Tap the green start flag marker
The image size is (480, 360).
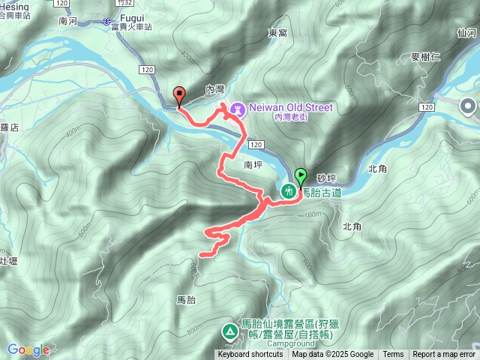(301, 178)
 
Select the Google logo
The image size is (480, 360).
(28, 349)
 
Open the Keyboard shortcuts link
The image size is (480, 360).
(250, 355)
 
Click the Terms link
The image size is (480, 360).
(393, 355)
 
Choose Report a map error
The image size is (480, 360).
(443, 355)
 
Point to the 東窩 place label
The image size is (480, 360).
(277, 34)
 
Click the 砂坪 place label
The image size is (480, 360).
(326, 178)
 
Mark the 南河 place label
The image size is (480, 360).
(68, 22)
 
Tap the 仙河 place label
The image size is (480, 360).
(466, 33)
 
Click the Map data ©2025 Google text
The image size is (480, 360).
(332, 355)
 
